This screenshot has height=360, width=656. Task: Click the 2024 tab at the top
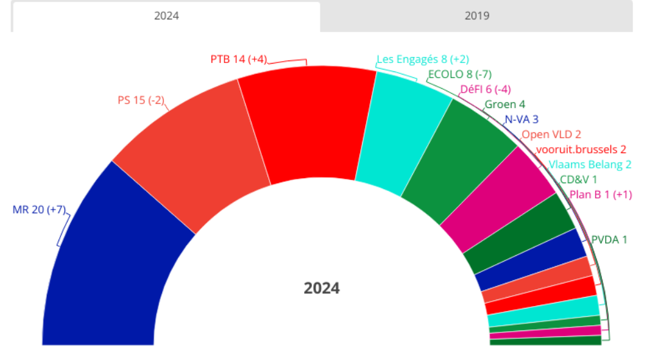(x=166, y=16)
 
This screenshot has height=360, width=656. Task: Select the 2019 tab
(x=477, y=16)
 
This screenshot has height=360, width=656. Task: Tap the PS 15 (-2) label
(x=141, y=100)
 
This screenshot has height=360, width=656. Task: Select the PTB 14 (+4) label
(x=238, y=59)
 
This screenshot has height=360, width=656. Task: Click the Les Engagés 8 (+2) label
(x=423, y=59)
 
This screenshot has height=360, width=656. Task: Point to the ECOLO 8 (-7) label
(x=459, y=74)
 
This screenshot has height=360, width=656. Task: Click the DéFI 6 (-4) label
(x=486, y=89)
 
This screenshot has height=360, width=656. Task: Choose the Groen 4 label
(x=505, y=104)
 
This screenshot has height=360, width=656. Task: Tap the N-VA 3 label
(x=522, y=119)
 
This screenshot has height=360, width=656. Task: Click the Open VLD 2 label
(x=551, y=134)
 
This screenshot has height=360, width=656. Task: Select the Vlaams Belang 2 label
(x=590, y=164)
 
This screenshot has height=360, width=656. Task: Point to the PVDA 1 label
(x=609, y=240)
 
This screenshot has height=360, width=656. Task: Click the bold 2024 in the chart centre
(x=322, y=289)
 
